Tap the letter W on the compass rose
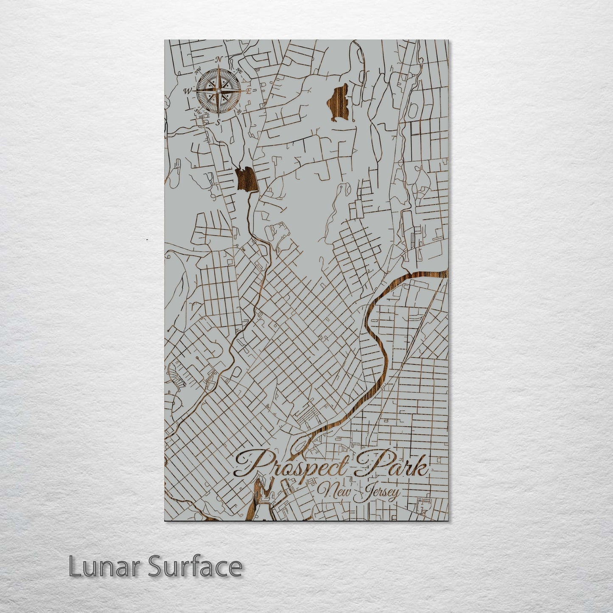tap(188, 91)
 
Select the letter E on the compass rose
tap(249, 91)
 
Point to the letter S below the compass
tap(218, 122)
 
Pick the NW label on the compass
tap(198, 73)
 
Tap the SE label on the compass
tap(239, 112)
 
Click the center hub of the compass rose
tap(218, 90)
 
